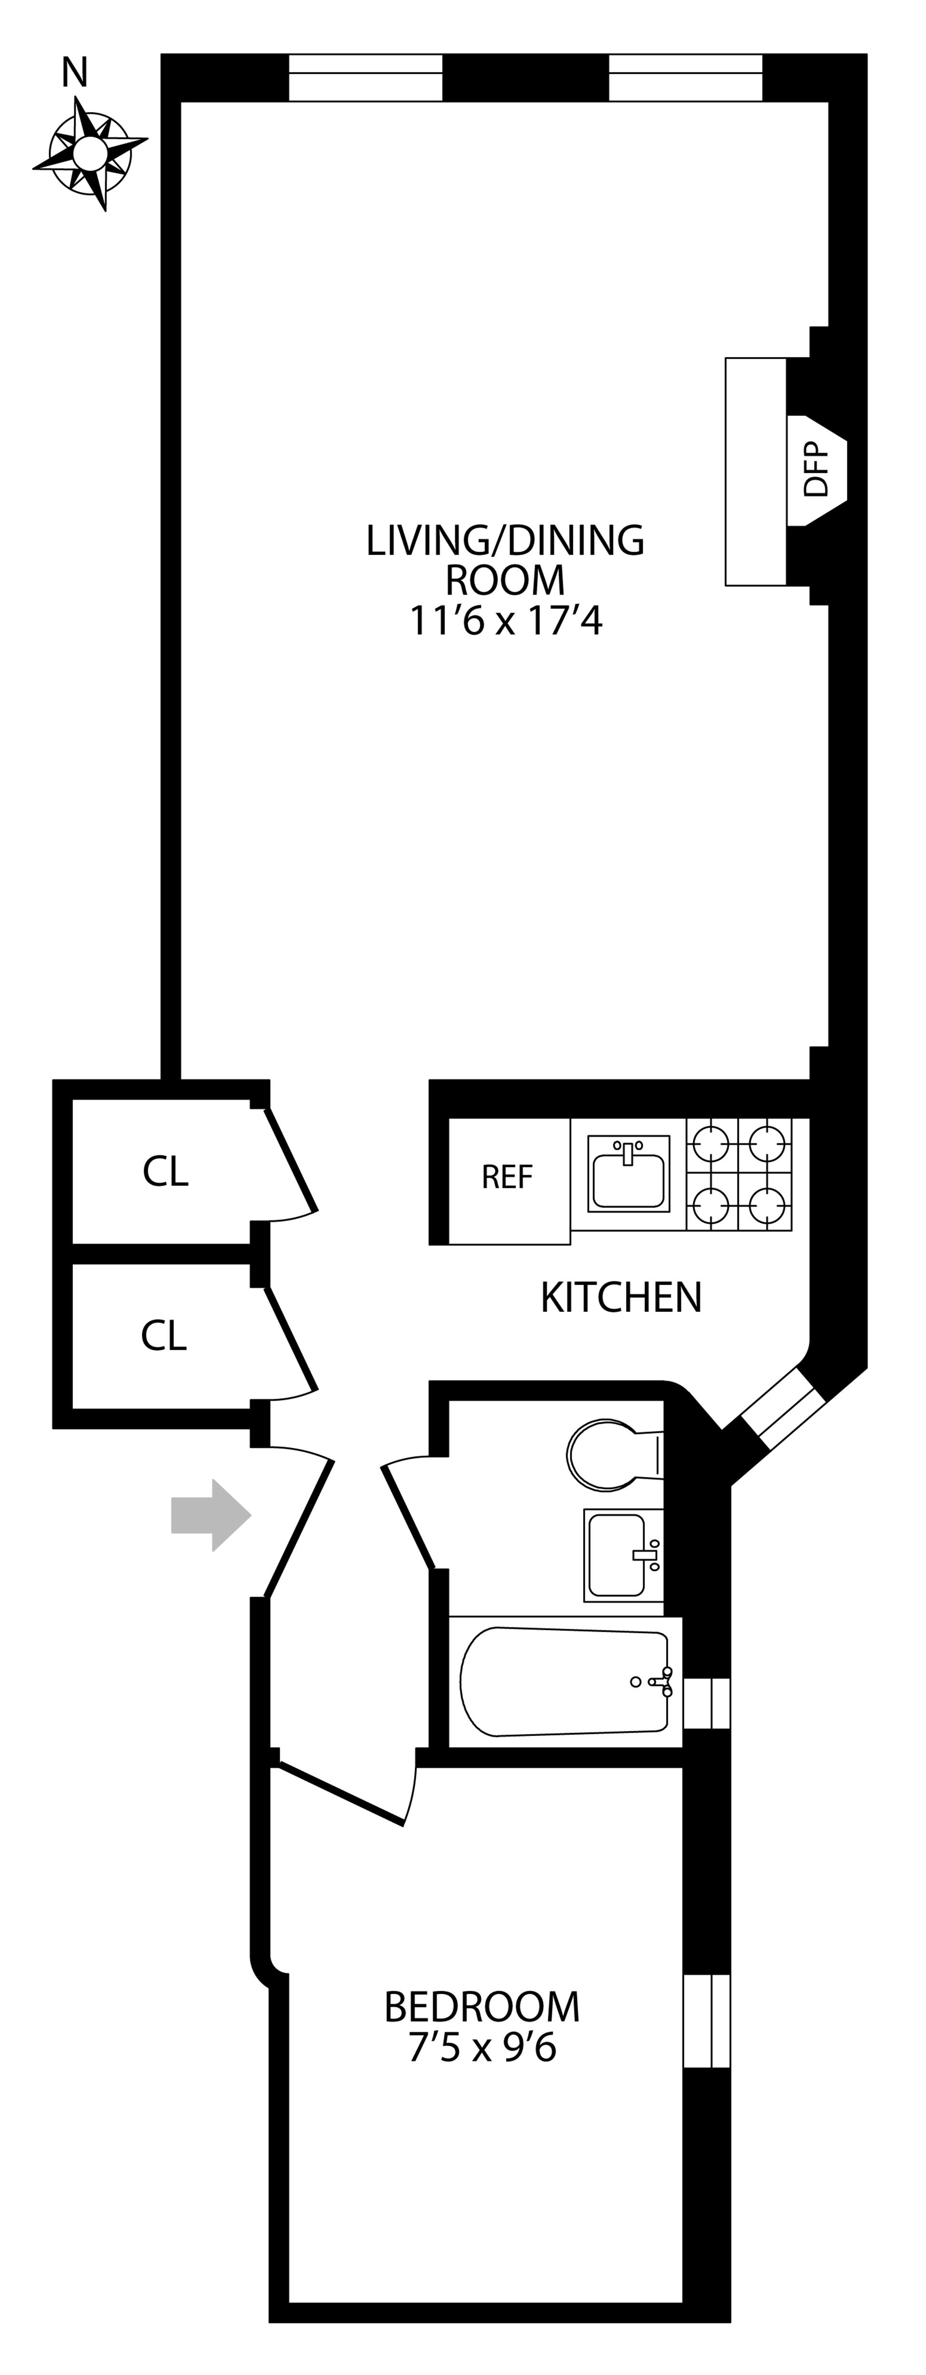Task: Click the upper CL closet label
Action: (x=166, y=1172)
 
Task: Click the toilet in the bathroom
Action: (x=603, y=1455)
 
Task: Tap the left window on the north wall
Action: (x=366, y=77)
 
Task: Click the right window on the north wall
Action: (x=685, y=77)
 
